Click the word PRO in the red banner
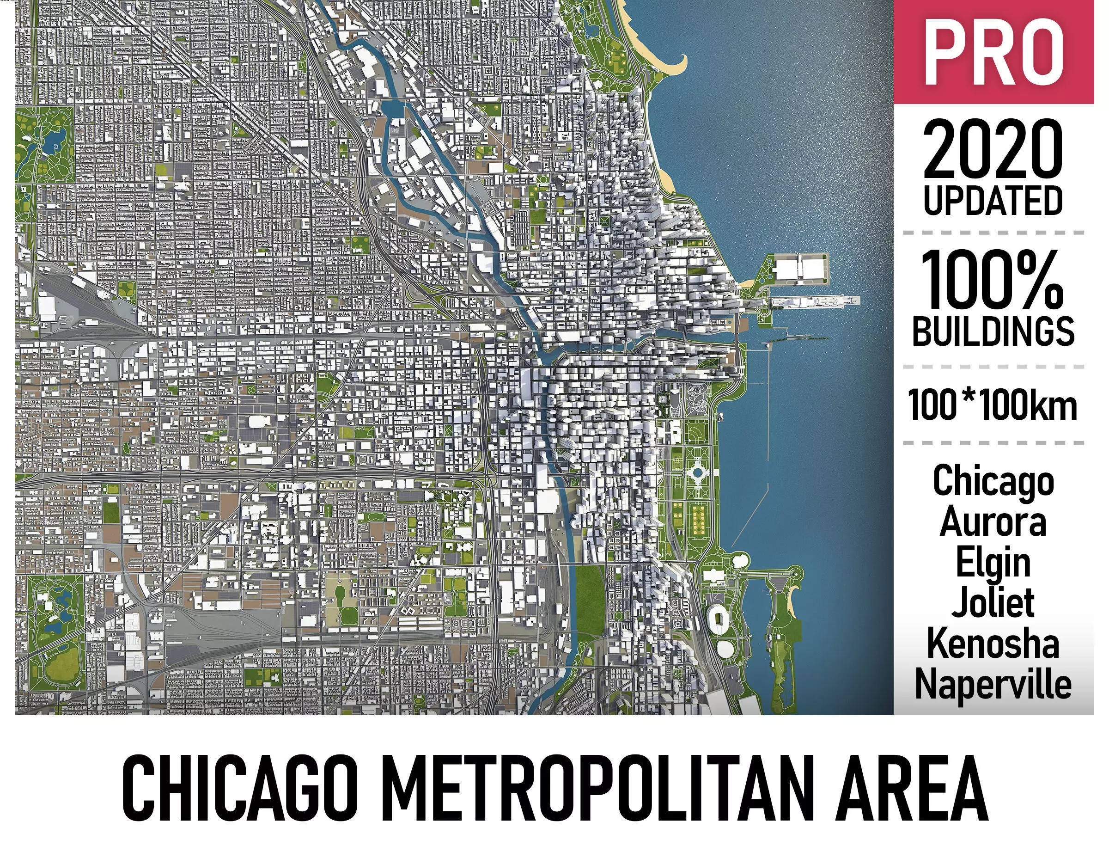(993, 53)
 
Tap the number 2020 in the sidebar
(993, 150)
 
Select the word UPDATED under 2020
(993, 201)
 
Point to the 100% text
(993, 281)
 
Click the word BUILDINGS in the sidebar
(993, 331)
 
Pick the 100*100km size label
(993, 405)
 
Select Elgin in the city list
(993, 563)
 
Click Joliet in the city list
(993, 603)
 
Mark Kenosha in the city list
(993, 643)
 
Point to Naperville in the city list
(993, 683)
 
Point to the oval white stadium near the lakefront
(717, 619)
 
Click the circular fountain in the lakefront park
(697, 472)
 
